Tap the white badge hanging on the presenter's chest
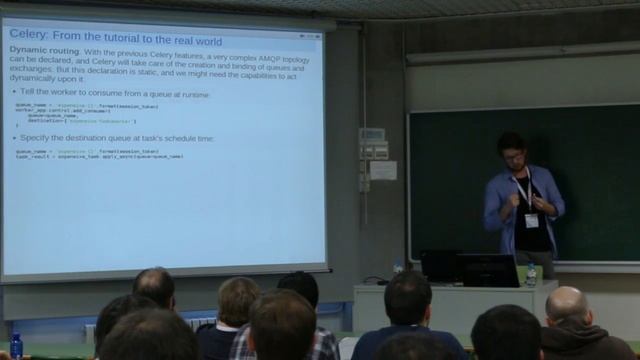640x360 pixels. point(531,220)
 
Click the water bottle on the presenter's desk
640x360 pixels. point(531,274)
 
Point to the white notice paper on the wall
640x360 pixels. point(383,170)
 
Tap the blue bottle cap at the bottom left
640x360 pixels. point(15,338)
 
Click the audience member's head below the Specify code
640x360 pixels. point(154,287)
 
